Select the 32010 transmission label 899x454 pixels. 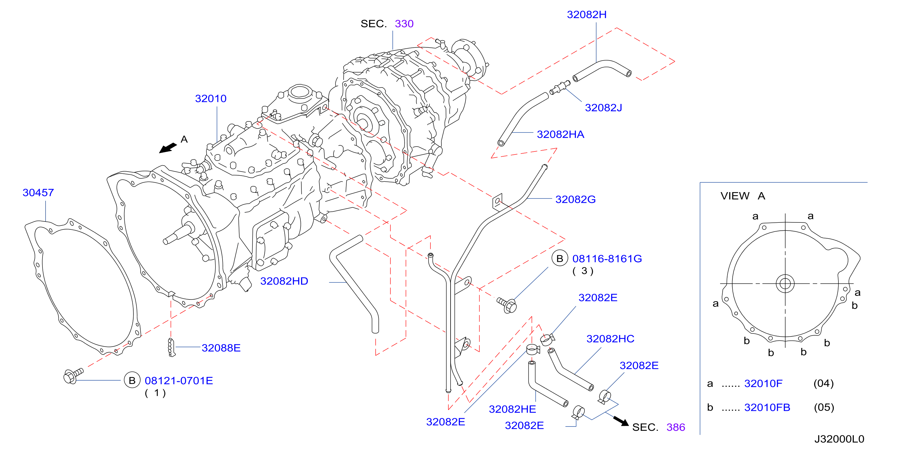(x=211, y=99)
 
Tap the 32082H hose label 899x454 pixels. (x=587, y=14)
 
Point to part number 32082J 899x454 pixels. (x=603, y=108)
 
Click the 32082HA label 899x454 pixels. (x=561, y=134)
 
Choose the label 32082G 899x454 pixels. (x=576, y=199)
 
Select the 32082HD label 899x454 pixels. (x=284, y=281)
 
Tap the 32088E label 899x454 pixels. (x=221, y=348)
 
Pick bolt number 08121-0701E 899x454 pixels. (x=179, y=381)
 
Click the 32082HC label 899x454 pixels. (x=610, y=339)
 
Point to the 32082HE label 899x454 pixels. (x=512, y=409)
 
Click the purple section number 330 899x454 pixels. (x=404, y=24)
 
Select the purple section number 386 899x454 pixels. (x=676, y=427)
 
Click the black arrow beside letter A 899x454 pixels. (x=168, y=148)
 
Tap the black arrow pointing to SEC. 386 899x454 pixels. (x=621, y=421)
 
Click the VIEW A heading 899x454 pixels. (x=743, y=196)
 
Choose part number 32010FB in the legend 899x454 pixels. (x=767, y=407)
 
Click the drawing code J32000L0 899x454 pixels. (x=839, y=439)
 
